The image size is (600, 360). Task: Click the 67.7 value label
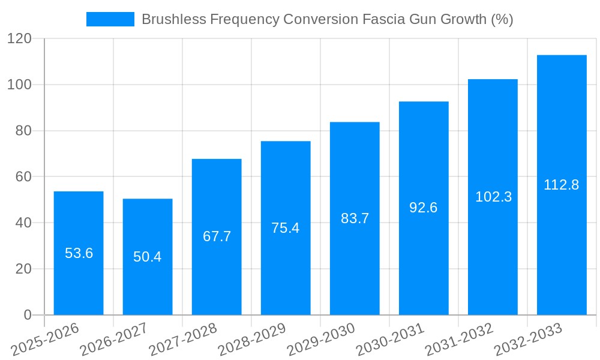(x=217, y=236)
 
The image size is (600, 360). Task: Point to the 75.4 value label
(x=286, y=228)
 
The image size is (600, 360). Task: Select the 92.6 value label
(x=424, y=208)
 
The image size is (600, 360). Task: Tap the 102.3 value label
(x=493, y=197)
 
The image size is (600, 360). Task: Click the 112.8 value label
(x=562, y=185)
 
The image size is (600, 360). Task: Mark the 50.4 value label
(x=148, y=257)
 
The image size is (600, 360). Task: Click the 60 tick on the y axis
(x=23, y=177)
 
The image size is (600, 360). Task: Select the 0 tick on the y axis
(x=28, y=315)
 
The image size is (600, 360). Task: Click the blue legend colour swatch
(x=110, y=19)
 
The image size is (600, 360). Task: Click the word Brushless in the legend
(x=171, y=19)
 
